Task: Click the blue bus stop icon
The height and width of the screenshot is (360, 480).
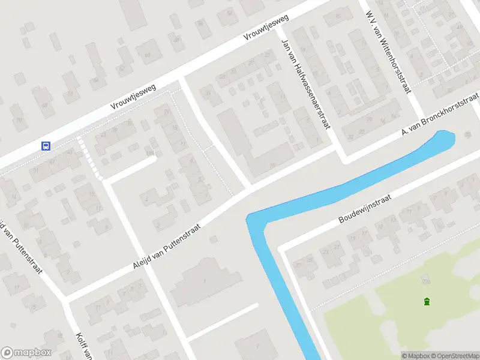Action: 45,146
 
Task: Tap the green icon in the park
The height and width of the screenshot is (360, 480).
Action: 427,301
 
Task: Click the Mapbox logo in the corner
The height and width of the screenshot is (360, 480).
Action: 26,353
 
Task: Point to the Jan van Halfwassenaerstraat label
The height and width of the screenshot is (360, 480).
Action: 306,83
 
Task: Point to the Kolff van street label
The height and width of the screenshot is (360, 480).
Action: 82,346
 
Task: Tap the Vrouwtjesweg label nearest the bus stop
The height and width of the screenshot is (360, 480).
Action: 133,97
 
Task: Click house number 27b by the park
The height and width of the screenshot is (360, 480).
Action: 427,280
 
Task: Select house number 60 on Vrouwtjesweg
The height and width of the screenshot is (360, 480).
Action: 148,56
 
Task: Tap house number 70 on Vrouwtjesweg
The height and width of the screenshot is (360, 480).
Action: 20,120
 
